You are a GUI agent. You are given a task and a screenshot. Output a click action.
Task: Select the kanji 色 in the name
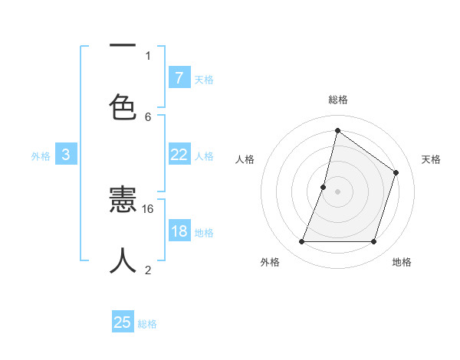click(x=123, y=107)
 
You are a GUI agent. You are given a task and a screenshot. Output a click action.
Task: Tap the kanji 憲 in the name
click(x=123, y=201)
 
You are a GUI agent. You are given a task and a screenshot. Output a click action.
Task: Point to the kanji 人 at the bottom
click(x=123, y=260)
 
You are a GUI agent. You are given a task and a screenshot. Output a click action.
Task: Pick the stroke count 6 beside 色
click(x=148, y=116)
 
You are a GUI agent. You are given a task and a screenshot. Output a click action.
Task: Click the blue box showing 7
click(x=179, y=77)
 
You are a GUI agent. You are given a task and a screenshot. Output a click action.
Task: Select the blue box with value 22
click(x=179, y=155)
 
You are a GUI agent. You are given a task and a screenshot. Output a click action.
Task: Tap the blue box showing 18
click(x=179, y=231)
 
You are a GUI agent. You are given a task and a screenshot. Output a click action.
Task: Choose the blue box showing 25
click(x=123, y=322)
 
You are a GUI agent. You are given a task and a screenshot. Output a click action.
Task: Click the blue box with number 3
click(x=66, y=155)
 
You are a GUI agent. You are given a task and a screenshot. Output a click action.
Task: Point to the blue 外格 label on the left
click(x=41, y=155)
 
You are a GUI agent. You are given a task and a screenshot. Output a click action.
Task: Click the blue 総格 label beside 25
click(x=147, y=324)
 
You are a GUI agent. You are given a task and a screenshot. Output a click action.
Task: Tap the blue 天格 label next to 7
click(x=204, y=79)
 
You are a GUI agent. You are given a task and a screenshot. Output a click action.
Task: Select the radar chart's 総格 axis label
click(x=338, y=100)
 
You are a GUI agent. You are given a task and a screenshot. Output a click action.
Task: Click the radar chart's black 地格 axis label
click(x=402, y=262)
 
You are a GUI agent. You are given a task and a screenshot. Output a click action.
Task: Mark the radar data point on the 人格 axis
click(x=324, y=187)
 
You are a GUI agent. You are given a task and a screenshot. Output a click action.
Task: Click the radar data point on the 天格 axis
click(x=396, y=172)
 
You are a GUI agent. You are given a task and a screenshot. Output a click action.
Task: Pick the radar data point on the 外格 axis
click(x=301, y=242)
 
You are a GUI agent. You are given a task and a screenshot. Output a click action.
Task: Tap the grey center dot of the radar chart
click(x=338, y=191)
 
